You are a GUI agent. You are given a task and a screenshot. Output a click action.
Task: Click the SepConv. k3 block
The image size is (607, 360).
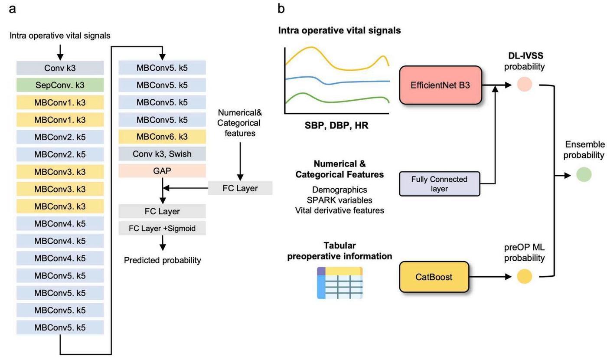(60, 85)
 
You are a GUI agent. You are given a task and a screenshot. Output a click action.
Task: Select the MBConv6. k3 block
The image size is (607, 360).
(162, 137)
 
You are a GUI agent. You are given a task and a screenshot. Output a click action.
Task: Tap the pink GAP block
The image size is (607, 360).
(162, 171)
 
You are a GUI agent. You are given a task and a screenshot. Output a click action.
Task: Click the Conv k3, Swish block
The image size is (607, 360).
(162, 154)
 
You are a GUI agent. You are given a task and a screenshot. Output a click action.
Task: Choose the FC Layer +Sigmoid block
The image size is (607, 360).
(162, 228)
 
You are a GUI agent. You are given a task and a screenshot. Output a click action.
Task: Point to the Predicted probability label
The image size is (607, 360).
(162, 260)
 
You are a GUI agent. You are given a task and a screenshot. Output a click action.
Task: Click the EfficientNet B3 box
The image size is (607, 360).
(441, 85)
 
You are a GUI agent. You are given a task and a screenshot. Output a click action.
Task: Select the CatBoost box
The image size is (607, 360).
(434, 277)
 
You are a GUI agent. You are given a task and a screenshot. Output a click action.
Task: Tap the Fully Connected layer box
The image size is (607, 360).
(439, 184)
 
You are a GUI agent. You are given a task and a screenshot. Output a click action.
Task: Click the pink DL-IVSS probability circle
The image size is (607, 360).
(525, 84)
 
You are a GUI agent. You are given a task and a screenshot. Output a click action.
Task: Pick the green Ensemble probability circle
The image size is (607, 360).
(584, 174)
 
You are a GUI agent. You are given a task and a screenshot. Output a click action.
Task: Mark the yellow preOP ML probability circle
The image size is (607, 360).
(525, 276)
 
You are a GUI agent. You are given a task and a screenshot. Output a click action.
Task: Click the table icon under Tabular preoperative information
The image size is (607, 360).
(339, 283)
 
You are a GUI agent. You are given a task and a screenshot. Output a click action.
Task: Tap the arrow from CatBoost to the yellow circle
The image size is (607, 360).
(490, 277)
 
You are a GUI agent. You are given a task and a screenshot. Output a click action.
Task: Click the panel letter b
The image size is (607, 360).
(282, 8)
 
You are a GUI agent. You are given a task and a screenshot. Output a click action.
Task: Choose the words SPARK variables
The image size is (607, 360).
(339, 200)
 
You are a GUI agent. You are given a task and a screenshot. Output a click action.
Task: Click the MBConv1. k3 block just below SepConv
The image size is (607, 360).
(60, 102)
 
